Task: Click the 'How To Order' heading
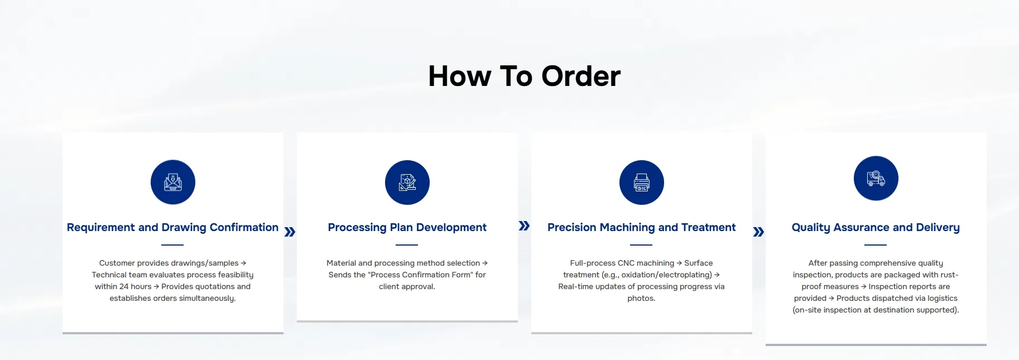click(x=524, y=76)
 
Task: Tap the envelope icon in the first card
click(x=173, y=183)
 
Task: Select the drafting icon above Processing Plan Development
click(x=407, y=183)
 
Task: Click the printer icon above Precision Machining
click(x=642, y=183)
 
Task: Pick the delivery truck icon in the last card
click(x=876, y=179)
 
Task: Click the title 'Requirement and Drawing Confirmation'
click(x=172, y=227)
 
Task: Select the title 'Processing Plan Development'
click(x=407, y=227)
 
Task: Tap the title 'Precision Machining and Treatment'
click(x=641, y=227)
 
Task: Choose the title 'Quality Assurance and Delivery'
click(x=876, y=227)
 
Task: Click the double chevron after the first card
click(x=290, y=232)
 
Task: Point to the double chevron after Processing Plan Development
click(x=524, y=226)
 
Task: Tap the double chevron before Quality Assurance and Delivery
click(x=758, y=232)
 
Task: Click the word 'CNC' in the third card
click(x=626, y=263)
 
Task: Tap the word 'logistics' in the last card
click(x=942, y=298)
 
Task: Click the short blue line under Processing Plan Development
click(x=407, y=244)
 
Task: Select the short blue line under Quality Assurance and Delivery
click(x=876, y=244)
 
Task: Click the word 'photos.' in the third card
click(x=641, y=298)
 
